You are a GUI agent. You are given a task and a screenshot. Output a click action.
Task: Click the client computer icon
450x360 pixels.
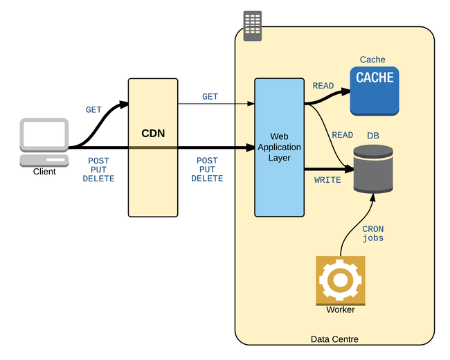tap(44, 141)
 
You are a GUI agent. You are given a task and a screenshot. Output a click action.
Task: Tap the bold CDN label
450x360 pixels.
tap(153, 133)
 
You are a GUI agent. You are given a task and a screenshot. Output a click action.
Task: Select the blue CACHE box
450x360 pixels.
tap(374, 90)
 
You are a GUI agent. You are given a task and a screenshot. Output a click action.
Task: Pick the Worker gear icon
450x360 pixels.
tap(340, 280)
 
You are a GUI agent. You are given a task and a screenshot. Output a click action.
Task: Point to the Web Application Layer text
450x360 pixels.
tap(280, 147)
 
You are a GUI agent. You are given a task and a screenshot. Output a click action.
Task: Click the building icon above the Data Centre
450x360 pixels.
tap(253, 26)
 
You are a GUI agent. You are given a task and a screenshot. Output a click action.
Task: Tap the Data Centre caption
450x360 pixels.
tap(334, 339)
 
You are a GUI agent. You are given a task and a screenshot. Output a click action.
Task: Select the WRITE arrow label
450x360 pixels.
tap(327, 180)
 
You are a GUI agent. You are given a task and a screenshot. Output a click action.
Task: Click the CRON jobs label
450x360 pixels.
tap(373, 233)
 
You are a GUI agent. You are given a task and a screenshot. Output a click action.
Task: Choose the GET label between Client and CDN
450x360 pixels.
tap(93, 109)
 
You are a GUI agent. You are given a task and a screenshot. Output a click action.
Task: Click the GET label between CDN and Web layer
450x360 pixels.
tap(210, 97)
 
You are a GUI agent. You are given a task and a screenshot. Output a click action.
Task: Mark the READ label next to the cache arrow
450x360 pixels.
tap(323, 86)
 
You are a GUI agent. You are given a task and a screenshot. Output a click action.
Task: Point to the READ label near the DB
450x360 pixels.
tap(343, 135)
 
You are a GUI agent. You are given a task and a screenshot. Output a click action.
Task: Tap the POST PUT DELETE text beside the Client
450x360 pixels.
tap(98, 170)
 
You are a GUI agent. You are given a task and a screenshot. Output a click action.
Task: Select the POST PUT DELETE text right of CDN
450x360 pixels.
tap(207, 170)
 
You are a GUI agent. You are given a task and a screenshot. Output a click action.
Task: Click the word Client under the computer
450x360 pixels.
tap(44, 172)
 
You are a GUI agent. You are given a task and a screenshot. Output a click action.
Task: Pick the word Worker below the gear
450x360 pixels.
tap(340, 310)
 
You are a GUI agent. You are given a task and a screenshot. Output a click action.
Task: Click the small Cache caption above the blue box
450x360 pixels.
tap(372, 60)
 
